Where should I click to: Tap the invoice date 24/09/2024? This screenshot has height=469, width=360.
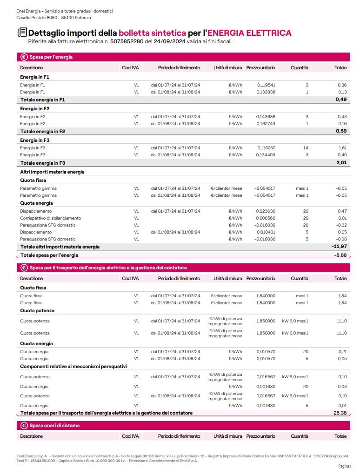coord(169,41)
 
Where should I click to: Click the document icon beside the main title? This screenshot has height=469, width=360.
coord(22,33)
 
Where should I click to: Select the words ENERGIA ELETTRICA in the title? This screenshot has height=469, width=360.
coord(249,33)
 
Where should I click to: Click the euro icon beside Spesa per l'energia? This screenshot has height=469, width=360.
coord(24,57)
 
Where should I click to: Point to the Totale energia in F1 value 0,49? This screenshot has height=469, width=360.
coord(341,100)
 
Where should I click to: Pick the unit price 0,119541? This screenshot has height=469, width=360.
coord(266,85)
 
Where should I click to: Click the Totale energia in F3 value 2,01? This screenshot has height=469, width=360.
coord(341,163)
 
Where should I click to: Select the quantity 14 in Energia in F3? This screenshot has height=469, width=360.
coord(306,147)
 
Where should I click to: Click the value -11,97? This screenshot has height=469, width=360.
coord(340,247)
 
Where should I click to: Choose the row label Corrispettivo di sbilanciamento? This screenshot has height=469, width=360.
coord(51,218)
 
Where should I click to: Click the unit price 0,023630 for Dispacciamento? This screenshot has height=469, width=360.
coord(266,211)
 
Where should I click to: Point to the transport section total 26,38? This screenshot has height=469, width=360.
coord(340,413)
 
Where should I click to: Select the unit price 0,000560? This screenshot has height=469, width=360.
coord(266,218)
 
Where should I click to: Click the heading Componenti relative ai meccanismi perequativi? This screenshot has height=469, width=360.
coord(73,366)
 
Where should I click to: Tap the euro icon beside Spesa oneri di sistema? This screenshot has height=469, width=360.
coord(24,425)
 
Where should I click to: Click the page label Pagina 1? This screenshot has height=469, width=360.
coord(344,465)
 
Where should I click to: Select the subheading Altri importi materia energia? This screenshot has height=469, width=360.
coord(52,172)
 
